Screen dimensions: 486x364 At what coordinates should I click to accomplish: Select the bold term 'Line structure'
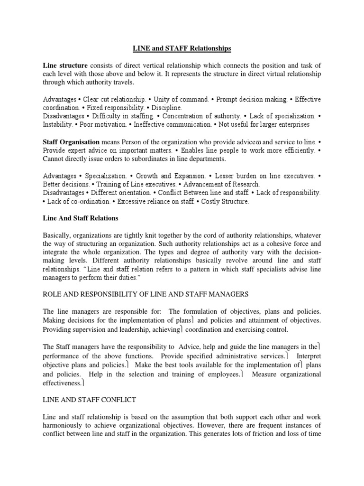coord(65,65)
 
